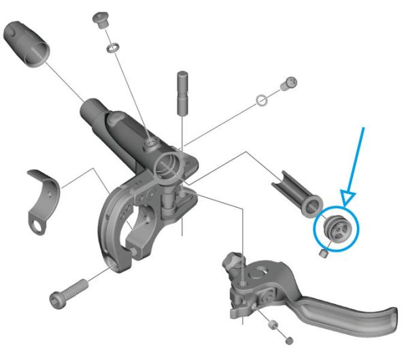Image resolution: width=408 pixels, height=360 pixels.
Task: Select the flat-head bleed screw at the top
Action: click(x=101, y=18)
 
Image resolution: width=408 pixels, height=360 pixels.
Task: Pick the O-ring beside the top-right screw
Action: click(x=260, y=101)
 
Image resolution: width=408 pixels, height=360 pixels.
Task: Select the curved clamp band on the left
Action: click(x=41, y=193)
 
